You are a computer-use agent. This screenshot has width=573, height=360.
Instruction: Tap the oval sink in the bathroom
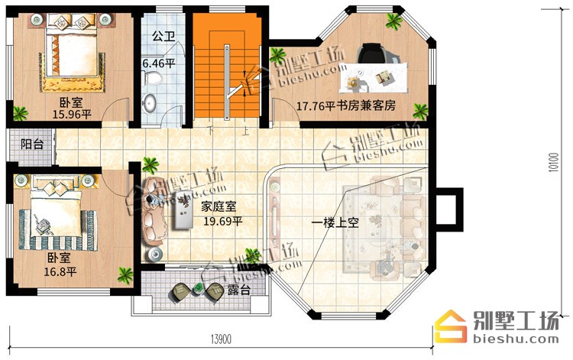[x=150, y=102]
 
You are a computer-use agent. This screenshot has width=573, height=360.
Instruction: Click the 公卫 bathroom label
[x=163, y=36]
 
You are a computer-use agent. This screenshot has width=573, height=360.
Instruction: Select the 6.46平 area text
[x=159, y=63]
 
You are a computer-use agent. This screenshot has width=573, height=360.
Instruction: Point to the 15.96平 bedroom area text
[x=72, y=115]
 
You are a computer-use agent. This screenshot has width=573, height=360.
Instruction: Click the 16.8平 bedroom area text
[x=60, y=271]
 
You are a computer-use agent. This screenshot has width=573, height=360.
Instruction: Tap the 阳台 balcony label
[x=32, y=144]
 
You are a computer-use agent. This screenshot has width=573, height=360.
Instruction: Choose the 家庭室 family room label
[x=219, y=207]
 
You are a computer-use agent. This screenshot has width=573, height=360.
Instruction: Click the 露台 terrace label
[x=239, y=290]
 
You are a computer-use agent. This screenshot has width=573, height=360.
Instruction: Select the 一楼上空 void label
[x=335, y=222]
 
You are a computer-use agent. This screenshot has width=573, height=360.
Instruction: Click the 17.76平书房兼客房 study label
[x=345, y=106]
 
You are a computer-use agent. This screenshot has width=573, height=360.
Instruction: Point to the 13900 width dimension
[x=221, y=339]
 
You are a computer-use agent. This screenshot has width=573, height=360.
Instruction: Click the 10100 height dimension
[x=554, y=162]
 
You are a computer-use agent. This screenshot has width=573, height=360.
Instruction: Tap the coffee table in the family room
[x=183, y=209]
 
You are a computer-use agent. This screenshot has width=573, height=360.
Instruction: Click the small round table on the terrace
[x=198, y=289]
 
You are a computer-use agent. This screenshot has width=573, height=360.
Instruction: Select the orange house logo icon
[x=451, y=326]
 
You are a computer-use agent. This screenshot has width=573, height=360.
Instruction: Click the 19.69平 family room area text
[x=223, y=221]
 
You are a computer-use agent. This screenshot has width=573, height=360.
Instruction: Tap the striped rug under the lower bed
[x=58, y=230]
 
